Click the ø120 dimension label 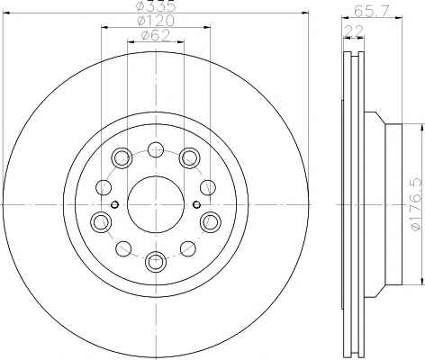[x=156, y=21]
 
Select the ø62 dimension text [x=156, y=36]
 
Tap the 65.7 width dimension [x=370, y=12]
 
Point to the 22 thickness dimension [x=354, y=31]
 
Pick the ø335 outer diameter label [x=156, y=6]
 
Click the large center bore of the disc [x=156, y=204]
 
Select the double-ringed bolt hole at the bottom [x=156, y=261]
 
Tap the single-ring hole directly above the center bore [x=156, y=149]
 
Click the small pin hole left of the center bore [x=114, y=205]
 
